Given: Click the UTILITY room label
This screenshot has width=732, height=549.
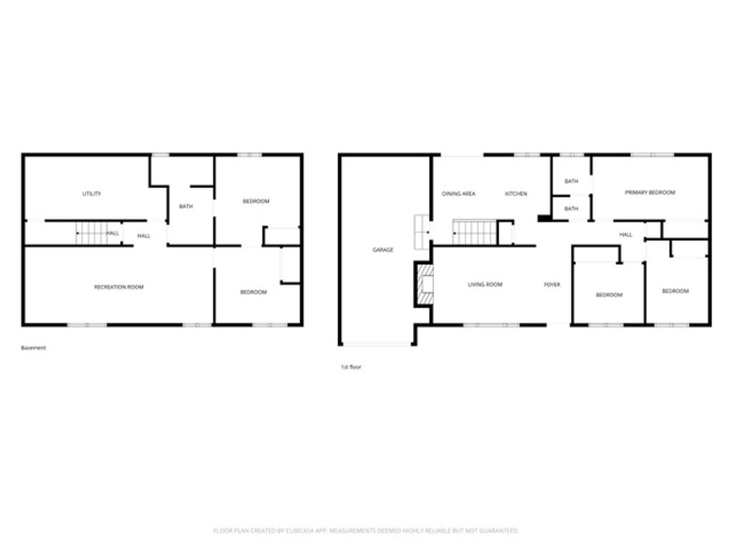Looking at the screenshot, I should [x=91, y=194].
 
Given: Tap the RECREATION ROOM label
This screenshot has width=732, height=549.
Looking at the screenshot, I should [x=119, y=287].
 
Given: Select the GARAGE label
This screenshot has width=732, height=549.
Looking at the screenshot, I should [x=382, y=249].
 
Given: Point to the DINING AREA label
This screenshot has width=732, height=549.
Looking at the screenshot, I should [x=458, y=194].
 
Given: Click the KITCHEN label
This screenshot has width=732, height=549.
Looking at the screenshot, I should [x=516, y=194].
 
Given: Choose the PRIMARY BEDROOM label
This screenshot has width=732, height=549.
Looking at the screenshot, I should [x=650, y=192].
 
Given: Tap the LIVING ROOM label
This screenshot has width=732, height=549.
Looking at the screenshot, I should [x=485, y=285].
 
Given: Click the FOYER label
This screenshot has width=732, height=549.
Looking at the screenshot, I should [x=552, y=285].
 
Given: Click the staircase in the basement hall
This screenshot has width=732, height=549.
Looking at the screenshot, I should [x=91, y=233].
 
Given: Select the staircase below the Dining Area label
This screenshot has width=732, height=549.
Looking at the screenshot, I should [x=475, y=232].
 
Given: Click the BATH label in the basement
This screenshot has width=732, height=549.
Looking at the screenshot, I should [x=186, y=207].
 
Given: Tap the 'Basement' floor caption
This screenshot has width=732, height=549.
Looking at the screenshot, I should [x=34, y=348].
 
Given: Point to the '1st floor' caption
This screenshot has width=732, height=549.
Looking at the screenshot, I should [x=351, y=367].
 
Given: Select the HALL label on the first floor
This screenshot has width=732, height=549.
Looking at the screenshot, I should [x=626, y=234].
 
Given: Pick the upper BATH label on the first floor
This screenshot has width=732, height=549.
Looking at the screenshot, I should [x=571, y=182].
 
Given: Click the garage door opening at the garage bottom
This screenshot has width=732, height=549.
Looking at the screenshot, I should [x=377, y=345].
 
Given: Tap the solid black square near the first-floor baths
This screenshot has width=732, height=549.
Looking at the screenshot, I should [x=544, y=218].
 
